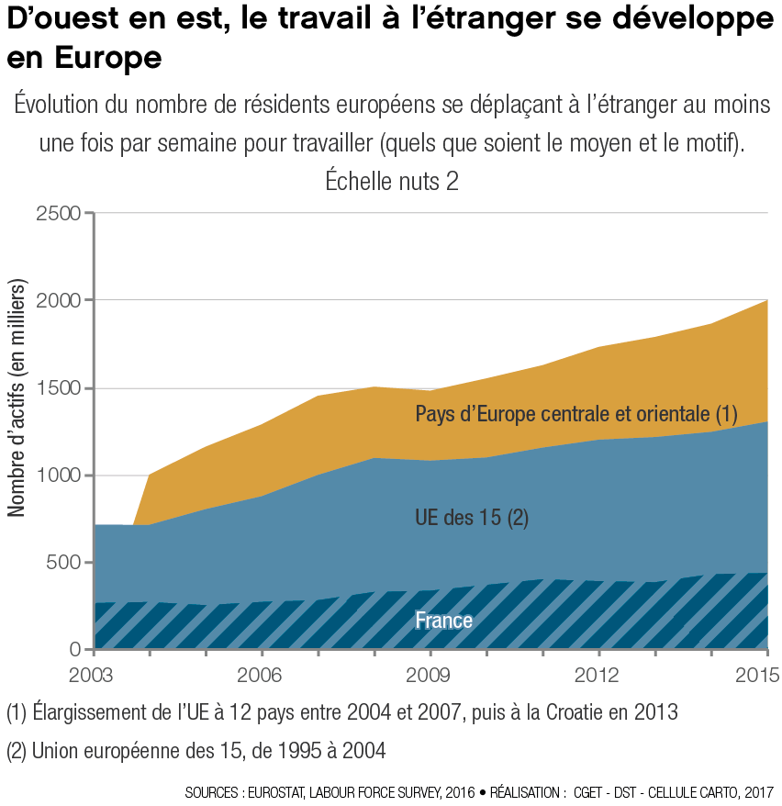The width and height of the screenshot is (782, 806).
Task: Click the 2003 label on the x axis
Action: (x=94, y=677)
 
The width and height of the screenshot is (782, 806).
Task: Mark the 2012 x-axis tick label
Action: (x=598, y=677)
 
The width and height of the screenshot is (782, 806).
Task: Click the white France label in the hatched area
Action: (x=443, y=621)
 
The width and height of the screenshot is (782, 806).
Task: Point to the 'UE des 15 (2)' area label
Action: (x=472, y=519)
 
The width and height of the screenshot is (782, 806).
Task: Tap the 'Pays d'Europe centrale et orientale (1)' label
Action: (x=576, y=414)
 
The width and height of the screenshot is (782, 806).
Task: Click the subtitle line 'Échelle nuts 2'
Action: (x=392, y=181)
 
